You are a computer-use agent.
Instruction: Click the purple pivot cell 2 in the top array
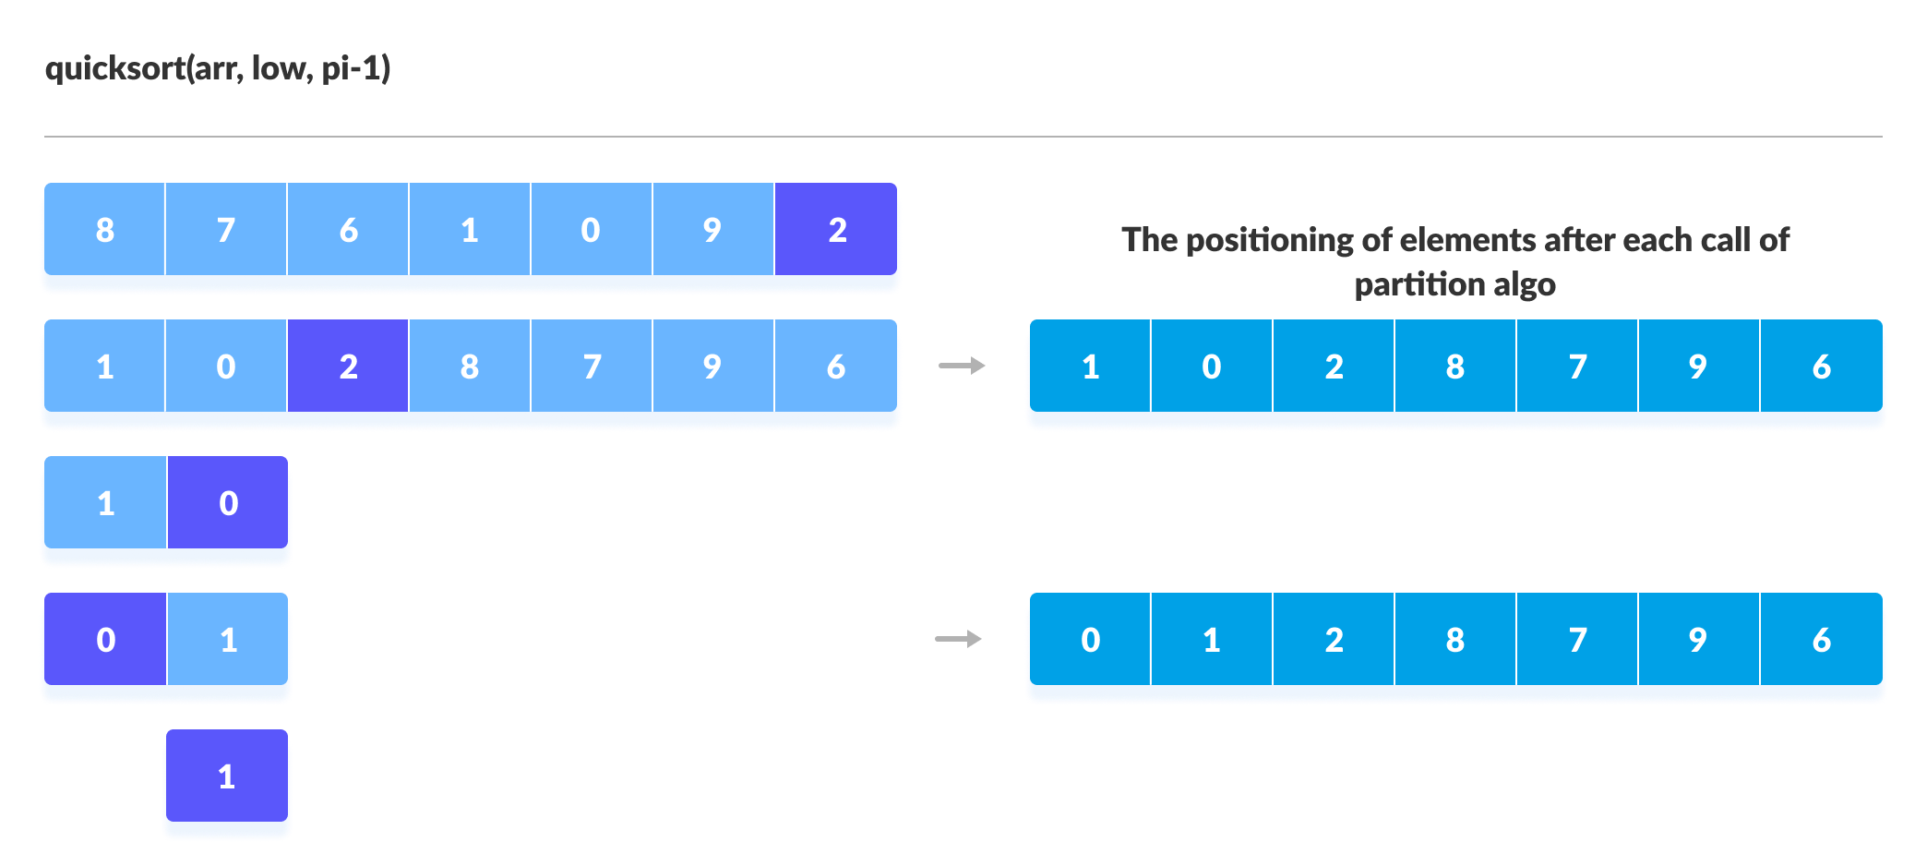point(836,229)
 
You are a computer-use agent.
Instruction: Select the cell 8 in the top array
point(104,229)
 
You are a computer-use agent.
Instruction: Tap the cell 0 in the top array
point(591,229)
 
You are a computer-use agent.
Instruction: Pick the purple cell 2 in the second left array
point(348,366)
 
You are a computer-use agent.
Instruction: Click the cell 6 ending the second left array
point(836,366)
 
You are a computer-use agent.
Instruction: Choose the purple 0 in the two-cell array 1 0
point(228,502)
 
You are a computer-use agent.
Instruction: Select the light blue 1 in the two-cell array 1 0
point(105,502)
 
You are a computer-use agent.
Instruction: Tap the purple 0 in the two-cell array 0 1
point(105,639)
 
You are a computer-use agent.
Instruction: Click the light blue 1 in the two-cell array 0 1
point(228,639)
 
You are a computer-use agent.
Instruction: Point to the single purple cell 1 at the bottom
point(227,776)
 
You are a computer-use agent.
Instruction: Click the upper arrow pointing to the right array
point(962,366)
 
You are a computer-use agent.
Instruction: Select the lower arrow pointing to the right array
point(958,639)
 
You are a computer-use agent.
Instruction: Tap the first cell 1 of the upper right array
point(1090,366)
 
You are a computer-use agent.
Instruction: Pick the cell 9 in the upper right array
point(1698,366)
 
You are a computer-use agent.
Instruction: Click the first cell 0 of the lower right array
point(1090,639)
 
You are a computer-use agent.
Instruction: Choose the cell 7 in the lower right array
point(1577,639)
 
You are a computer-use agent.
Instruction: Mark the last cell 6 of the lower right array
point(1821,639)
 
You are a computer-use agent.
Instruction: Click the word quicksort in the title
point(114,68)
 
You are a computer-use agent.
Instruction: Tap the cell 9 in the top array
point(712,229)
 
